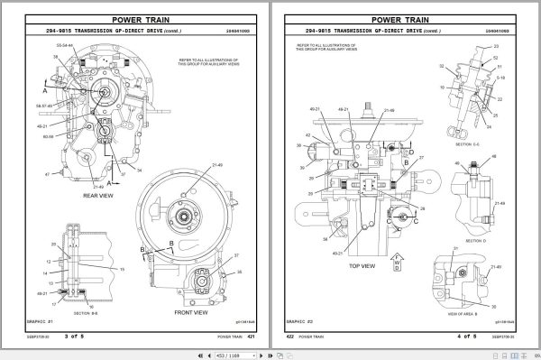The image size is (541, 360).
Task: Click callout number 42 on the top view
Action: (x=308, y=136)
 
